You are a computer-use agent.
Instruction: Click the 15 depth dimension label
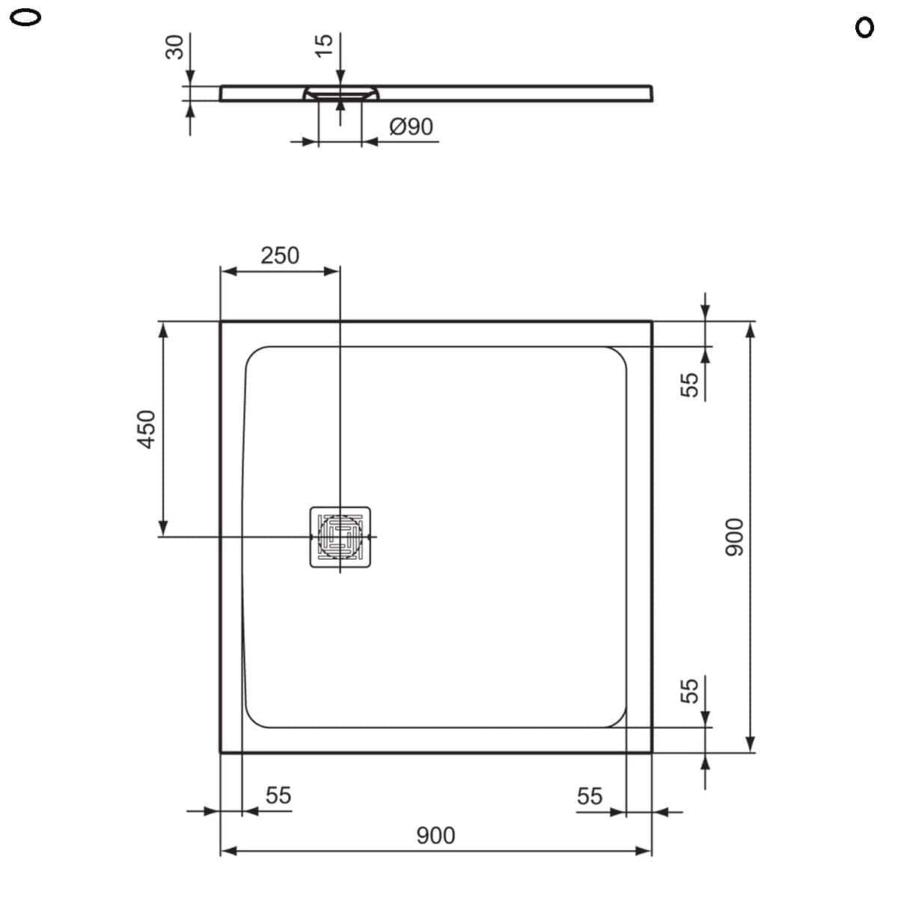324,46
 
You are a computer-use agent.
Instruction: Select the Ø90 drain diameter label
411,126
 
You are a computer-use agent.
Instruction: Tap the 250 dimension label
280,255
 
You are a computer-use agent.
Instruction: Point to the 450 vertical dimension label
147,429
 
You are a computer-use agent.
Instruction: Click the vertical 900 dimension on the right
734,537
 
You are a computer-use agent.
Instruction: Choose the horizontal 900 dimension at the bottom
436,835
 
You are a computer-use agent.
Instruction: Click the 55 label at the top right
689,385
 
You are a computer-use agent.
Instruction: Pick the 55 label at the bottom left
278,795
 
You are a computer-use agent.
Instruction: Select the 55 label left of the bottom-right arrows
589,796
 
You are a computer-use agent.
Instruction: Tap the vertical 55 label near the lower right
689,689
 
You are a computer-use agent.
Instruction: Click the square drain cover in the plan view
340,537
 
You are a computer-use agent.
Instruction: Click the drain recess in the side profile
341,94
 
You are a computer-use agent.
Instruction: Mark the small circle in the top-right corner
864,28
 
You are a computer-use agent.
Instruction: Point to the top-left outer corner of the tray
221,322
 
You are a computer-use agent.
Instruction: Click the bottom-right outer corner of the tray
651,752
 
